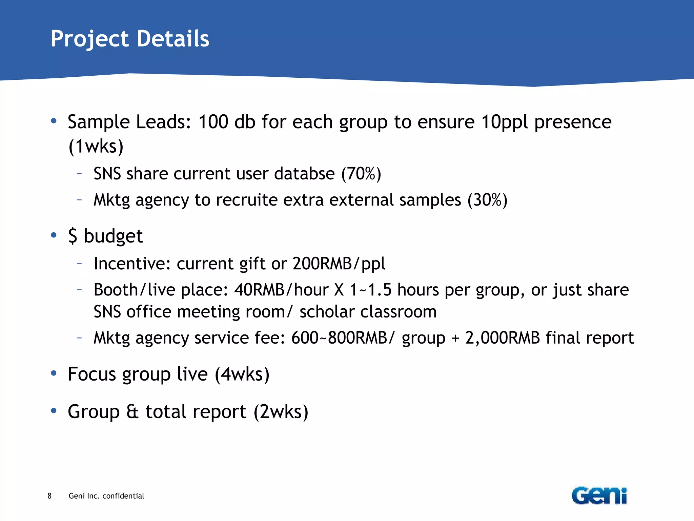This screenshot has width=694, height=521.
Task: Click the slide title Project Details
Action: [130, 38]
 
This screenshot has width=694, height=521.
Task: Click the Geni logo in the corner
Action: [599, 496]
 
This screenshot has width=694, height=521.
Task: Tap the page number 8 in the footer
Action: [49, 496]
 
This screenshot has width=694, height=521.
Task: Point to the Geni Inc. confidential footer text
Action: [106, 496]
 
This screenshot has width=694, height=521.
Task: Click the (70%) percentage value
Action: [361, 174]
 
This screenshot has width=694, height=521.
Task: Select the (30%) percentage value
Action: [487, 200]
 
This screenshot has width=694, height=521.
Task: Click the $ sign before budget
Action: [73, 236]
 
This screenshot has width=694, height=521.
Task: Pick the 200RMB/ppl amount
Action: [339, 264]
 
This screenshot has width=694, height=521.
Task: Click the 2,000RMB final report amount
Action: [502, 338]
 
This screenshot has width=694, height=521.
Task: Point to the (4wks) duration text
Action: [242, 374]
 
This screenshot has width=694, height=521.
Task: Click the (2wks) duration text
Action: [281, 412]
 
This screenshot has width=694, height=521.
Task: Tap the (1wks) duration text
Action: [96, 147]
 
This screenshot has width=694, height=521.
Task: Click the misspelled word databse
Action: [304, 174]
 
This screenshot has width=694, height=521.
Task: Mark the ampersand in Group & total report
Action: [132, 412]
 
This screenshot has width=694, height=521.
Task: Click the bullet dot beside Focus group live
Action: [54, 373]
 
